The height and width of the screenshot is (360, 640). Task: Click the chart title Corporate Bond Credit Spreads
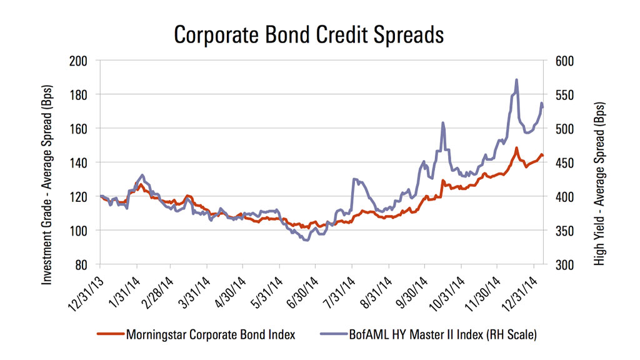pyautogui.click(x=309, y=35)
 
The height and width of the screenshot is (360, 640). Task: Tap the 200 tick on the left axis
pyautogui.click(x=79, y=61)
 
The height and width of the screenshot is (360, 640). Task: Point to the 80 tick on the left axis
pyautogui.click(x=82, y=264)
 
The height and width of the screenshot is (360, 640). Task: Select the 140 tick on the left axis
pyautogui.click(x=79, y=162)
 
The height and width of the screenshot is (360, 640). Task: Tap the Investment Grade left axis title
pyautogui.click(x=48, y=162)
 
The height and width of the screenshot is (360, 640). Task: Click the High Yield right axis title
pyautogui.click(x=600, y=162)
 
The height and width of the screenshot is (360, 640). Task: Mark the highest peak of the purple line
pyautogui.click(x=517, y=80)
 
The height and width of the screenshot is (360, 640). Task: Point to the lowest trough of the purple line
pyautogui.click(x=306, y=240)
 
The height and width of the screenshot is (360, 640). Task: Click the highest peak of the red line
pyautogui.click(x=517, y=148)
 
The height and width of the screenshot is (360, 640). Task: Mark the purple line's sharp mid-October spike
pyautogui.click(x=443, y=123)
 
